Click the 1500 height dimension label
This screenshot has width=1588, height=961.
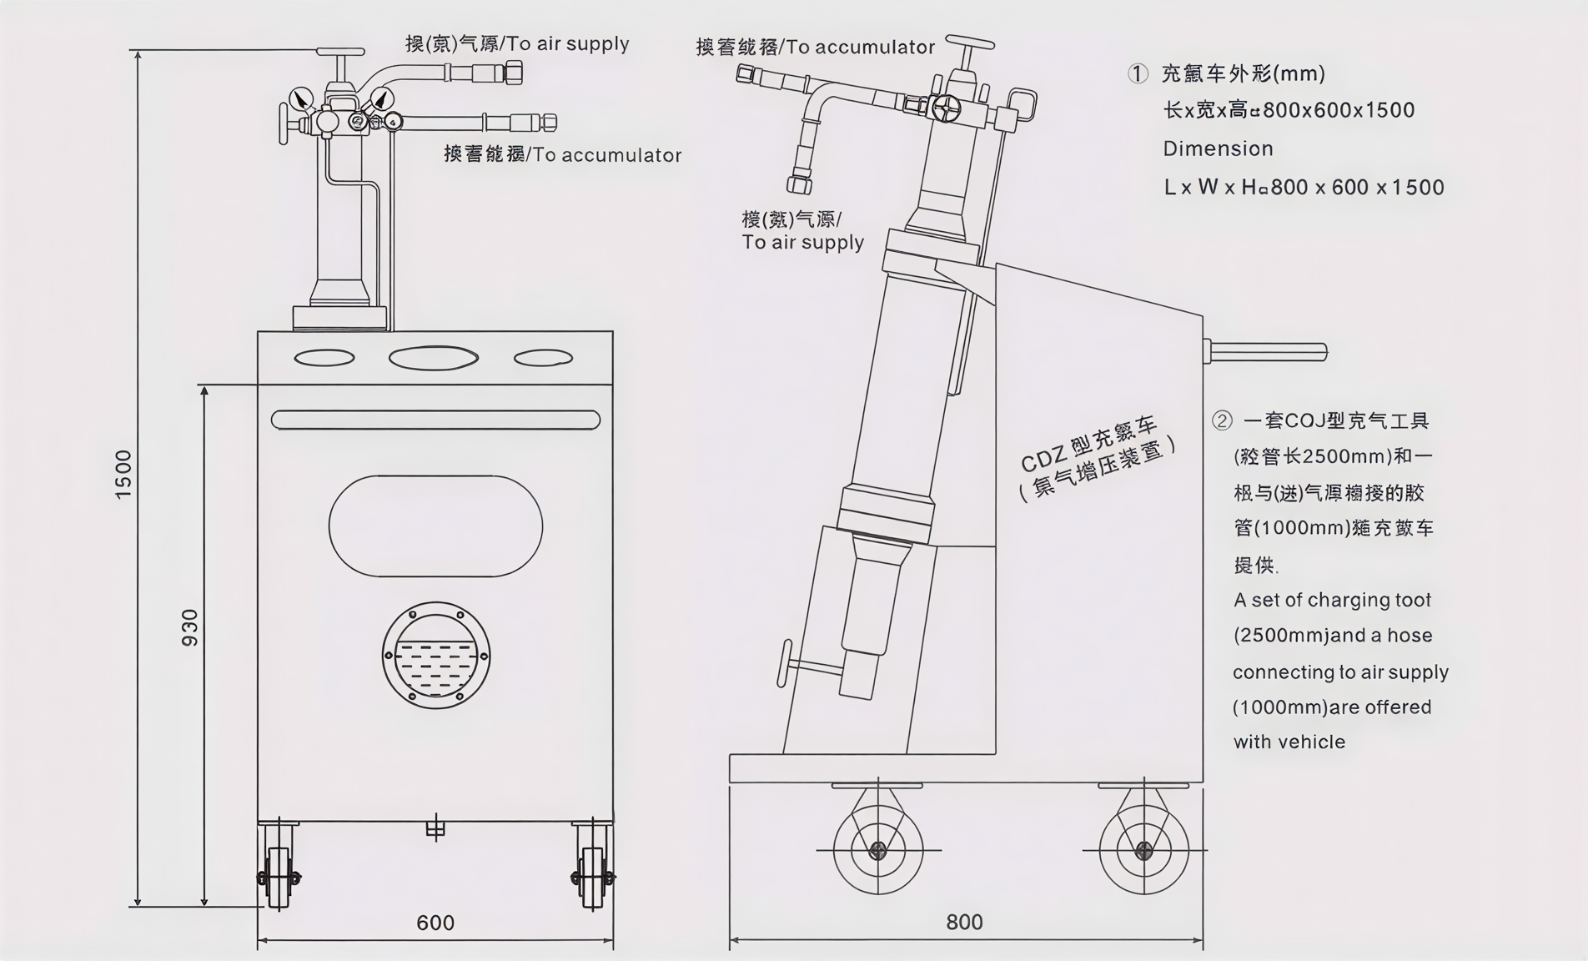tap(123, 475)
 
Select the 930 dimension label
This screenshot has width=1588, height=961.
tap(190, 628)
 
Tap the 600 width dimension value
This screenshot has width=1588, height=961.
tap(435, 923)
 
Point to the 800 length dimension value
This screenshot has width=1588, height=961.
tap(964, 922)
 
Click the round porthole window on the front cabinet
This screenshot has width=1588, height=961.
tap(435, 656)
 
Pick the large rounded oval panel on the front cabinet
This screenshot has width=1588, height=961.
tap(435, 526)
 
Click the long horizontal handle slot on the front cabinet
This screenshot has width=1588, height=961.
tap(435, 420)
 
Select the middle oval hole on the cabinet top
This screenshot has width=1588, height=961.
tap(433, 358)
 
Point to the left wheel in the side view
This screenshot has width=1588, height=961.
tap(877, 850)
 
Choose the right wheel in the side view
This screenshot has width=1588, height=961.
tap(1143, 850)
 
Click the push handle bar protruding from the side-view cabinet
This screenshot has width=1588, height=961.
tap(1268, 352)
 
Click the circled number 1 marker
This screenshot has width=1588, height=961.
tap(1138, 73)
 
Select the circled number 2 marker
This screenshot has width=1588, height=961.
tap(1222, 420)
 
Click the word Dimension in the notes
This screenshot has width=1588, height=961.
tap(1218, 148)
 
